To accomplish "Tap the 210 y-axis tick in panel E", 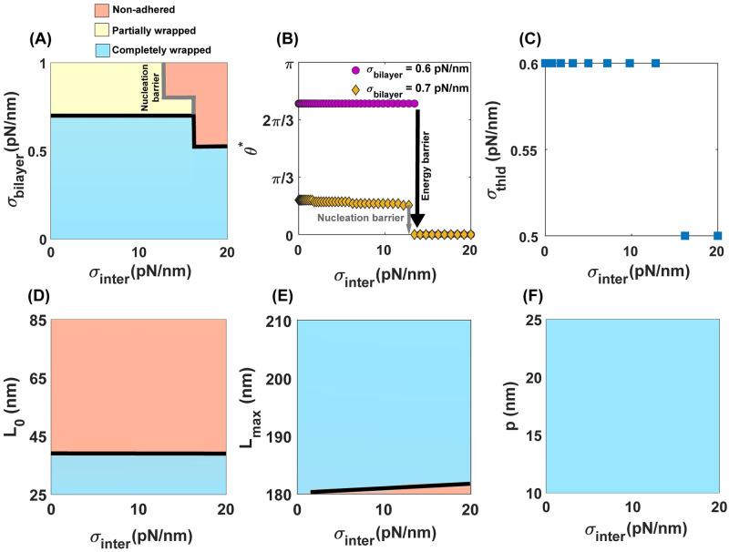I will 279,320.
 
